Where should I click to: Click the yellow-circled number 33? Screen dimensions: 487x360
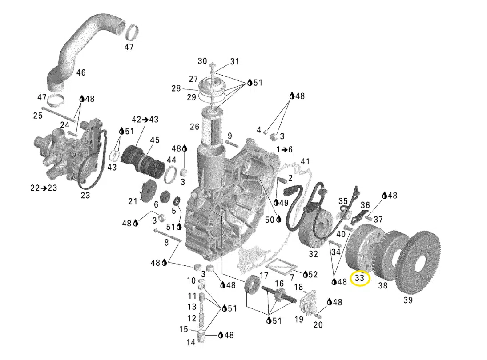(359, 278)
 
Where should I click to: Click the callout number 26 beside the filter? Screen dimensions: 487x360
(194, 127)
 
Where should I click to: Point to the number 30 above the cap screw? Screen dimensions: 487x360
(202, 61)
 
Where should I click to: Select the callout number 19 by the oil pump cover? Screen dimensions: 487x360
(299, 319)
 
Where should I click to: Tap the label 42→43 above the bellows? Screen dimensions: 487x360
(145, 120)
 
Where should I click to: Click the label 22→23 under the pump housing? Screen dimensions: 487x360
(44, 188)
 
